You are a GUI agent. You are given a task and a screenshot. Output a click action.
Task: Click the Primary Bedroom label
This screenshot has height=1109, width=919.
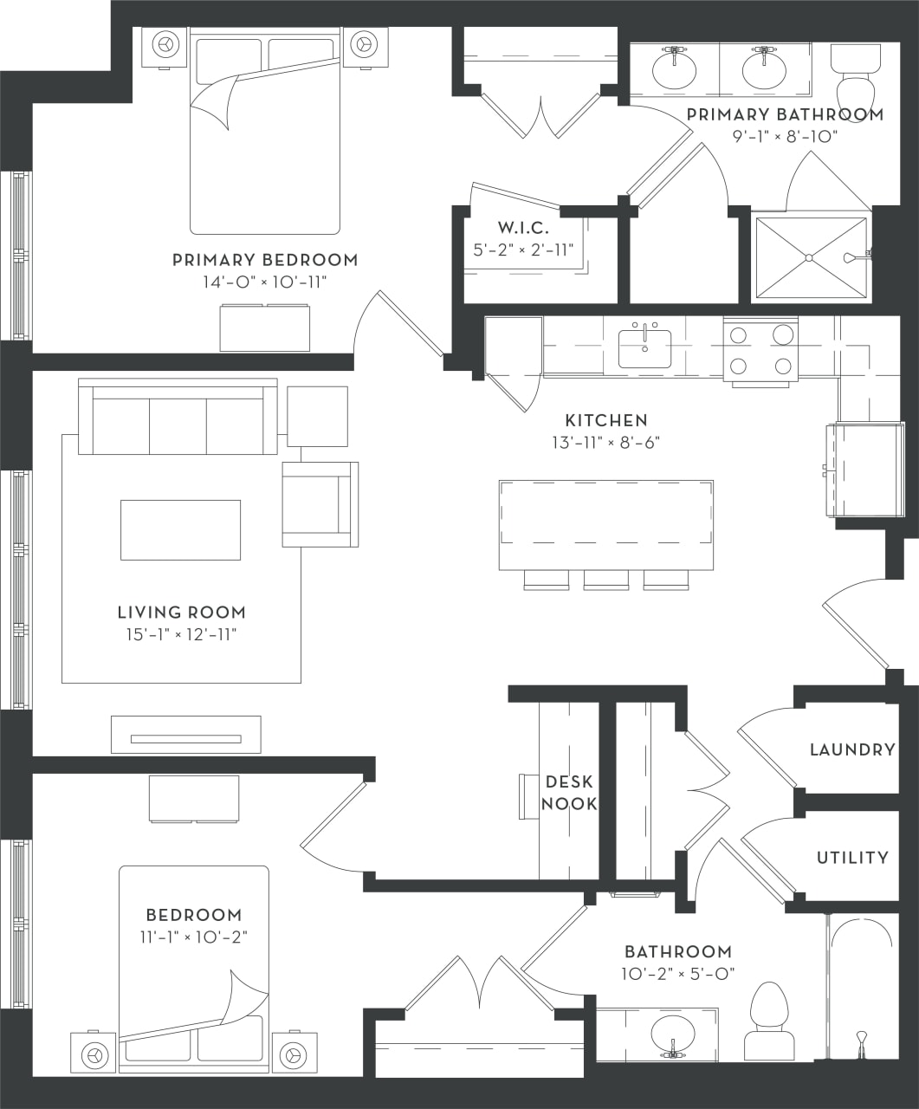264,259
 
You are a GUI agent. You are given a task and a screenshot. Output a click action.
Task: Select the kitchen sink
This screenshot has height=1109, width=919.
644,348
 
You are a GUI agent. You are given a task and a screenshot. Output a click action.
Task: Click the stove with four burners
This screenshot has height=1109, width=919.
760,350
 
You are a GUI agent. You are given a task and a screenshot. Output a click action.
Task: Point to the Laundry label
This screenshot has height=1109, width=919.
851,749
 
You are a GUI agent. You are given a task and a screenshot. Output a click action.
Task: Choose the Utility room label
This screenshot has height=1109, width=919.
851,857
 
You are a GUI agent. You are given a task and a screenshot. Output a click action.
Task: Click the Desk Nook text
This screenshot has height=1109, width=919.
569,793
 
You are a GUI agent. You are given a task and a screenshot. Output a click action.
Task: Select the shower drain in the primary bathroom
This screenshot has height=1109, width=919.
808,257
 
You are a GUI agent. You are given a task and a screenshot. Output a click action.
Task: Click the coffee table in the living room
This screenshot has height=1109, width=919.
180,529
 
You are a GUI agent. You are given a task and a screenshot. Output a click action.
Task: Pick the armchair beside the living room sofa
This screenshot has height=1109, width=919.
319,503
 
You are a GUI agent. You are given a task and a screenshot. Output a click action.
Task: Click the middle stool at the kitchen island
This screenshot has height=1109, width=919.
605,580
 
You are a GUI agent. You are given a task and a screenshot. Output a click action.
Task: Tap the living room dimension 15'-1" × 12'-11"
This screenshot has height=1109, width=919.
181,634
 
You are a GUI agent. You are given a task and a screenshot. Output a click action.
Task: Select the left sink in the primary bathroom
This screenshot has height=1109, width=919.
674,68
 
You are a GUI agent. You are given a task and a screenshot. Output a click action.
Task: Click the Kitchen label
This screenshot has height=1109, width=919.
606,420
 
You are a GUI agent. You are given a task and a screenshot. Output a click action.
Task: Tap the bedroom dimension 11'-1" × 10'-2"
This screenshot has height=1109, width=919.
193,937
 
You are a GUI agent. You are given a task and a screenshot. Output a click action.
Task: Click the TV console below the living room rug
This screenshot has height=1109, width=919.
185,735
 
